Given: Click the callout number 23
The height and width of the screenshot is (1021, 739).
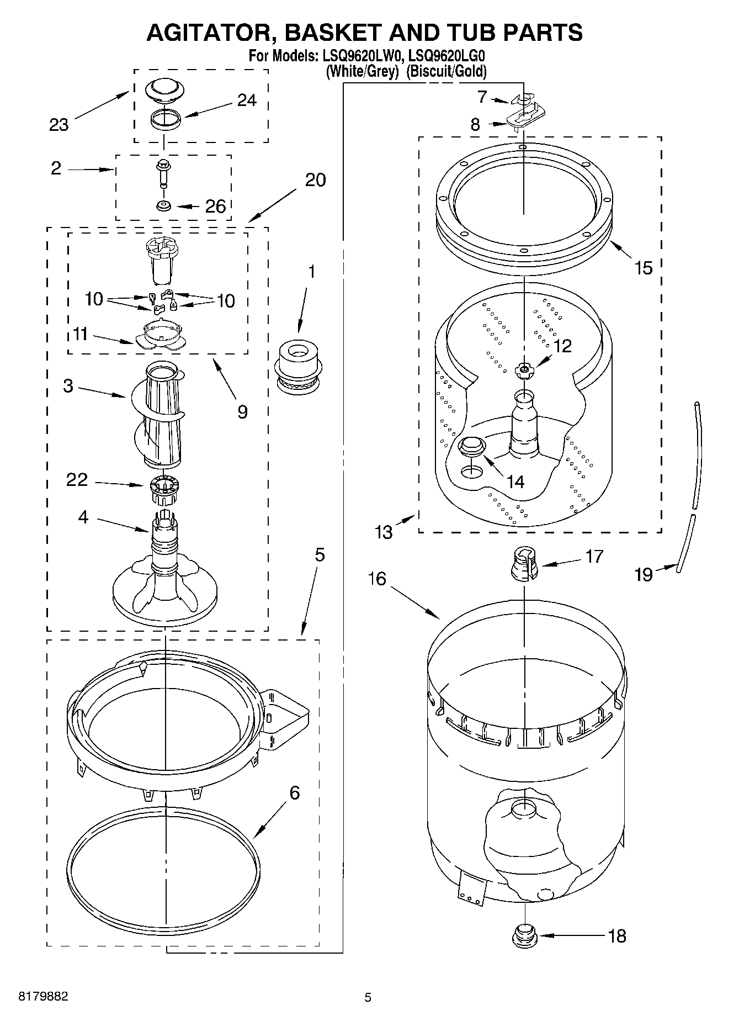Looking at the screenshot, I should coord(59,125).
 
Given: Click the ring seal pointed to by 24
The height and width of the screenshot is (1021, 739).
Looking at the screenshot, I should coord(166,119).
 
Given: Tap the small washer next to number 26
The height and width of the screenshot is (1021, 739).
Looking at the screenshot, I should coord(163,206).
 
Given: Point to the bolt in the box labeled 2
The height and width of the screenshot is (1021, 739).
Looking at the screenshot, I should coord(163,173).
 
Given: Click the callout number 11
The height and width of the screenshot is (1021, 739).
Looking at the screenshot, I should coord(81,334).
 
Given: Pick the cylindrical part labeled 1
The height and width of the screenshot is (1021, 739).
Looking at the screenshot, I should coord(298,367).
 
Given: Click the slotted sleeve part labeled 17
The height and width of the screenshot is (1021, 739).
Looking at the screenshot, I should coord(525,564).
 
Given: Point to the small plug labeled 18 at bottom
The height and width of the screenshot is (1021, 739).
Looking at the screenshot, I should coord(524,936).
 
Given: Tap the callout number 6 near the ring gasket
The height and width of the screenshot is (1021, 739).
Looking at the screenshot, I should coord(294,793).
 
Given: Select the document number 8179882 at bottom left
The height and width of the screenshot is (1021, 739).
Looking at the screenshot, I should coord(44,997).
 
